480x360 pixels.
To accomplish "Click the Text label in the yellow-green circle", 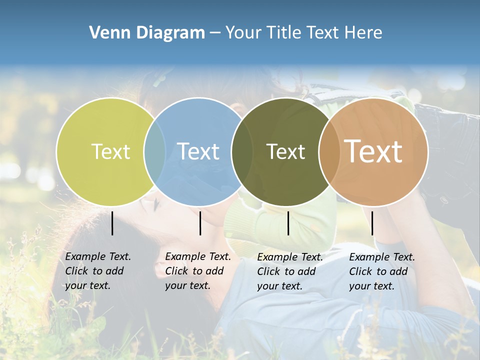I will coord(110,151).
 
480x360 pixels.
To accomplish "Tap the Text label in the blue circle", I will coord(198,151).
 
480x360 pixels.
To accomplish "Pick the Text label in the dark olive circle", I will coord(286,151).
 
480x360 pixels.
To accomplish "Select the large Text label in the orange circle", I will coord(373,151).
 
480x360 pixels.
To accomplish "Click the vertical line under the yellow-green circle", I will coord(112,223).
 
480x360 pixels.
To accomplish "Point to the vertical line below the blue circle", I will coord(200,223).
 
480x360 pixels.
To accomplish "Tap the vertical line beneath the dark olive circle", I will coord(288,223).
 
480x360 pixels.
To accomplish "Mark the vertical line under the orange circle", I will coord(372,223).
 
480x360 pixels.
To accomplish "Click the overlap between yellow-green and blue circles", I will coord(154,152).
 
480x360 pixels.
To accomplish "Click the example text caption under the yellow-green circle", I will coord(98,271).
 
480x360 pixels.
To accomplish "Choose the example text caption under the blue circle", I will coord(198,271).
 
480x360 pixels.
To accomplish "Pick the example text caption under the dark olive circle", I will coord(290,271).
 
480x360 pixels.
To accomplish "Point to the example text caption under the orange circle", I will coord(382,271).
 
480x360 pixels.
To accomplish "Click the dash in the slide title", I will coord(215,33).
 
